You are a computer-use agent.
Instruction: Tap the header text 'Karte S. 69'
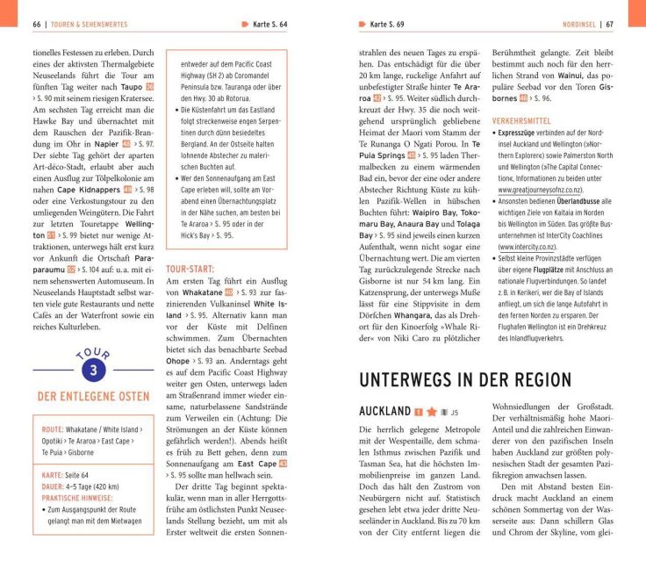(392, 24)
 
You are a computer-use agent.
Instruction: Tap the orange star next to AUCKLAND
(432, 411)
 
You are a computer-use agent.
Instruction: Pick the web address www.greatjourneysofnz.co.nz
(549, 188)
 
